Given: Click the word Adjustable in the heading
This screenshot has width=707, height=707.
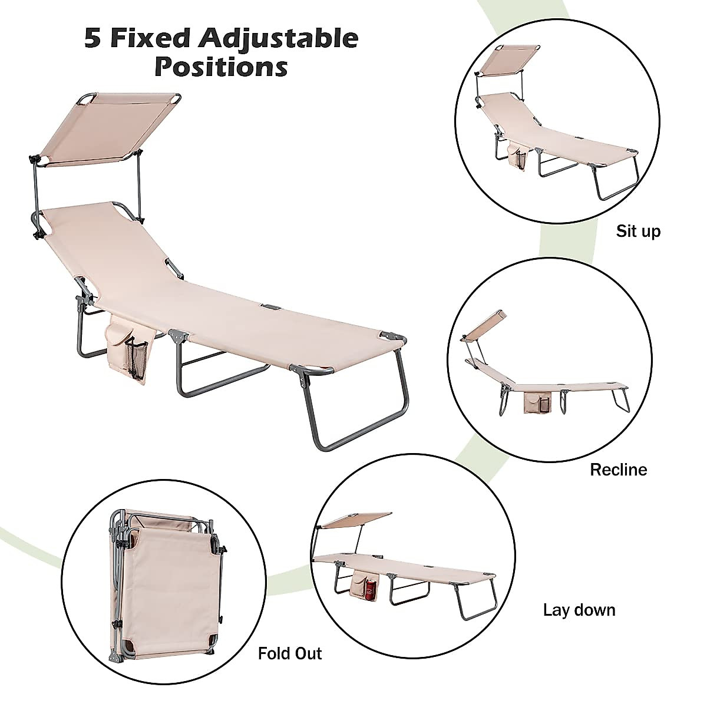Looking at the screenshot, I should [x=278, y=38].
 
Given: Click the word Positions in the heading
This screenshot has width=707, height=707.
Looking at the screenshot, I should [x=221, y=67].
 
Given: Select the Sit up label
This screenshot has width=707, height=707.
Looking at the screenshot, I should [x=638, y=231].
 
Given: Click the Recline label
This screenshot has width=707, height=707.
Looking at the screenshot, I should [x=618, y=470].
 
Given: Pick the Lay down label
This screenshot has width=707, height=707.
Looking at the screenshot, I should [x=579, y=610].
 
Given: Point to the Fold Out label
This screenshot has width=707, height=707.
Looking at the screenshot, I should [x=290, y=653].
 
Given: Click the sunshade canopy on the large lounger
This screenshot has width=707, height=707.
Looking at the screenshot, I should [x=106, y=127].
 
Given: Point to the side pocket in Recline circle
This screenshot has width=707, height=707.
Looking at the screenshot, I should [x=535, y=402].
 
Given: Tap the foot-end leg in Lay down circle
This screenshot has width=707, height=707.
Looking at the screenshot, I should [x=478, y=601].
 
